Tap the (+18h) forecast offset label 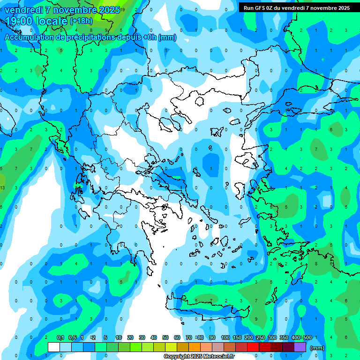coord(81,21)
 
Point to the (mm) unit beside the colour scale coord(317,348)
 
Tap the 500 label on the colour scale coord(307,337)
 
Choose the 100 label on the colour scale coord(225,337)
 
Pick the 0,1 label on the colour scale coord(60,337)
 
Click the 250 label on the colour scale coord(260,337)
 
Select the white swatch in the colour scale coord(54,347)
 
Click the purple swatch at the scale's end coord(300,347)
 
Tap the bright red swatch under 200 coord(253,347)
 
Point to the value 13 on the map coord(3,187)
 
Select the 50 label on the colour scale coord(165,337)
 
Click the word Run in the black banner coord(248,7)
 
